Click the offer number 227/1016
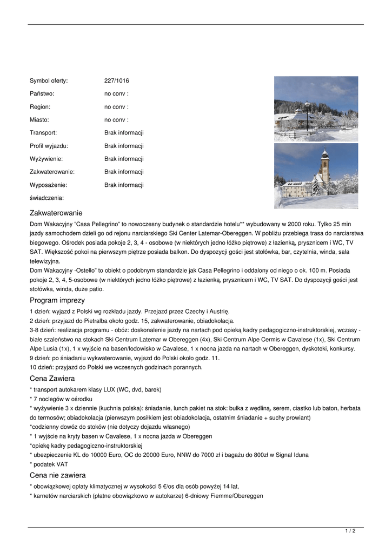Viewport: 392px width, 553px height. point(117,81)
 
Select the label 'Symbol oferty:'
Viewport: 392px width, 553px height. point(49,81)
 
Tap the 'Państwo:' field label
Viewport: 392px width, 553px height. point(42,94)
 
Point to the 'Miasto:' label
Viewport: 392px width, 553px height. point(39,120)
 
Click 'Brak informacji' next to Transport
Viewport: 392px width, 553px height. point(124,133)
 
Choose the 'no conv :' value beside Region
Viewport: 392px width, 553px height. point(116,107)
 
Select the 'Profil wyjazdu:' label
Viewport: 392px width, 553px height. point(49,146)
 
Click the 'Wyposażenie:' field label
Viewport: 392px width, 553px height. point(48,185)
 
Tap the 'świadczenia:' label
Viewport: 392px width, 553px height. point(46,198)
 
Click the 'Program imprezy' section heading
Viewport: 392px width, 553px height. point(57,300)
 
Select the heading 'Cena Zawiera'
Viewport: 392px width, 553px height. point(52,379)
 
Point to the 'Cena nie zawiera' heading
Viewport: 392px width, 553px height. point(58,475)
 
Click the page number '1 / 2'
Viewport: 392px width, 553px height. point(350,531)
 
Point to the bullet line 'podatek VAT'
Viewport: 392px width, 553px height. point(51,464)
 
